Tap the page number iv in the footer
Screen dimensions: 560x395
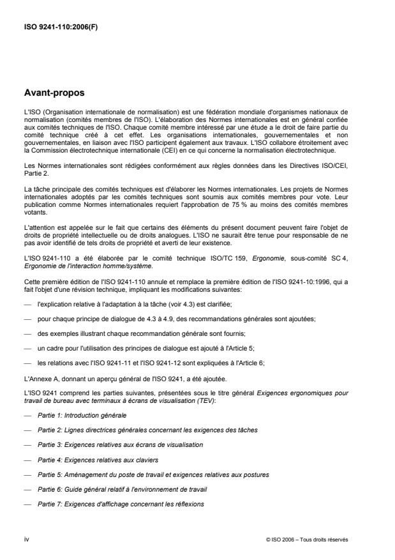pyautogui.click(x=26, y=539)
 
